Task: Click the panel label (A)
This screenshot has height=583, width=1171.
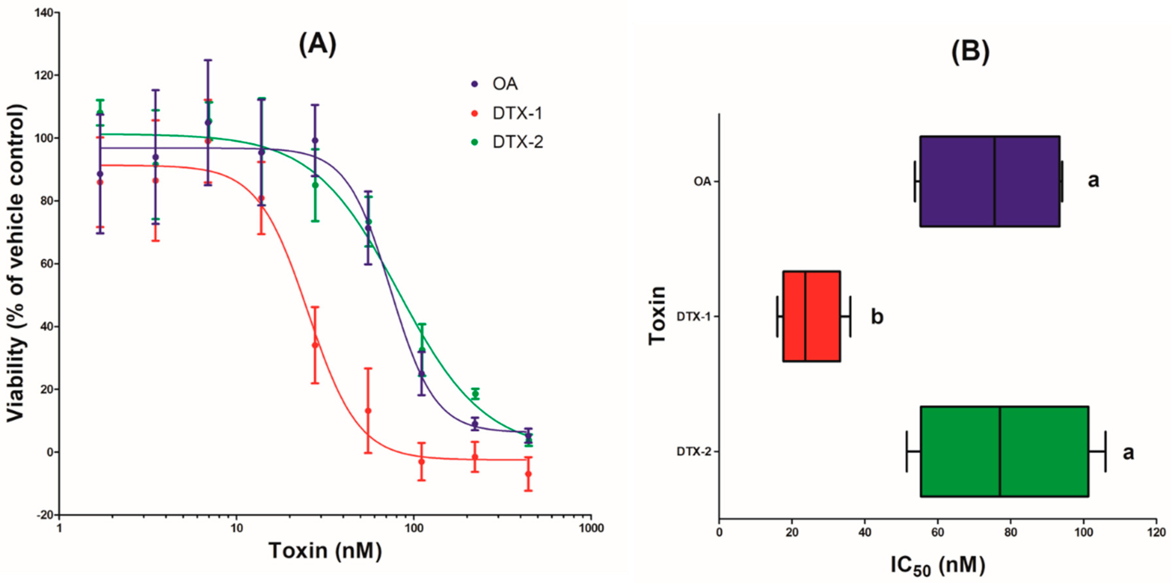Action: click(317, 45)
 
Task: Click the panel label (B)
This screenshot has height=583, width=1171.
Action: click(970, 52)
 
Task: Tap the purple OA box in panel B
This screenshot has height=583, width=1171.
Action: click(990, 181)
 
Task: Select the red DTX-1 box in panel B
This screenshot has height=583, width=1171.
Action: click(812, 316)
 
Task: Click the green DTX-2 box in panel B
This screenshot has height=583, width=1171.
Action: click(1004, 451)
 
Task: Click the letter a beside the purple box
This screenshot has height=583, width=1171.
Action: click(1093, 180)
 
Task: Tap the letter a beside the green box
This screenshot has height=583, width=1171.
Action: click(1128, 453)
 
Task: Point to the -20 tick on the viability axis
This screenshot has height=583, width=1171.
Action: click(45, 515)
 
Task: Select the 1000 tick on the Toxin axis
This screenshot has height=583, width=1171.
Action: click(591, 528)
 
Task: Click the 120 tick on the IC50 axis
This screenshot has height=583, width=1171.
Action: click(1156, 532)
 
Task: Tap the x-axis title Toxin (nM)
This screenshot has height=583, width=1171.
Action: click(325, 551)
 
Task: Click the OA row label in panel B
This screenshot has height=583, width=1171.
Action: click(702, 181)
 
